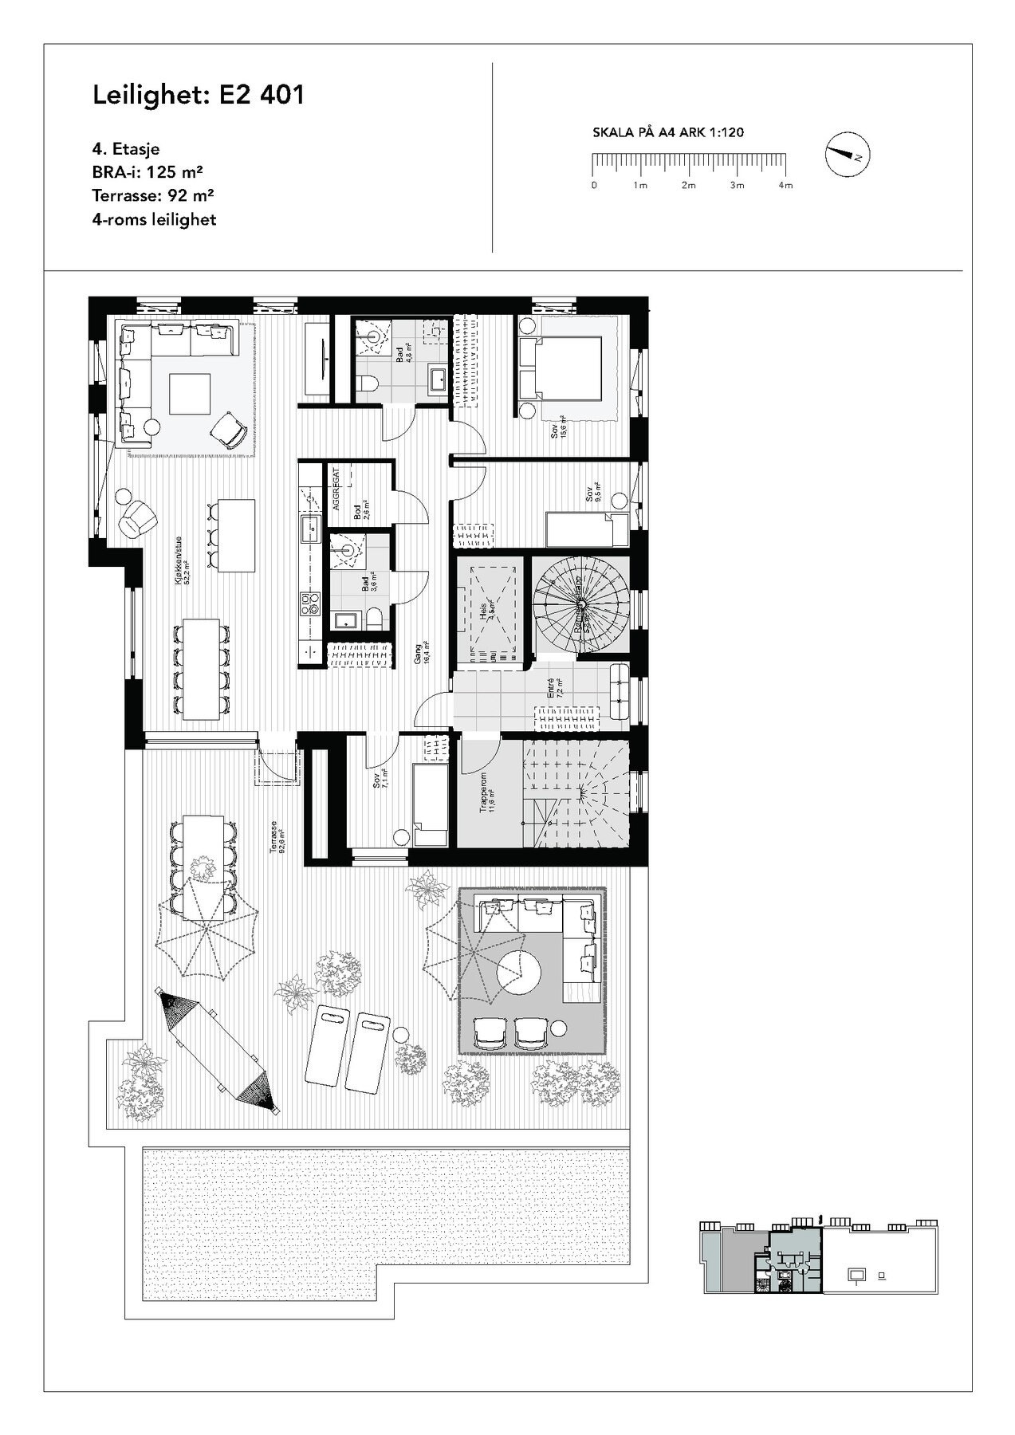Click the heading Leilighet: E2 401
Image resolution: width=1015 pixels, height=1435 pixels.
point(199,95)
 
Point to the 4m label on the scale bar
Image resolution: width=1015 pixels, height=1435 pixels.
point(785,186)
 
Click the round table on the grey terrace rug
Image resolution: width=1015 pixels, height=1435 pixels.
point(519,971)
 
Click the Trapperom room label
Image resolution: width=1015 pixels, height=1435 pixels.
point(487,791)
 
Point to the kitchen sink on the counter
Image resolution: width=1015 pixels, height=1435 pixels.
point(309,526)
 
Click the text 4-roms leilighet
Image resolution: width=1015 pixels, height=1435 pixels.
point(154,218)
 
